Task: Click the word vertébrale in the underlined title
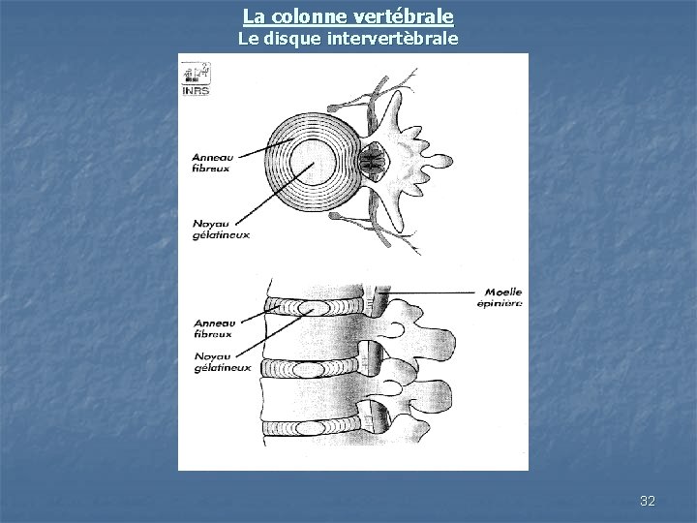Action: pyautogui.click(x=406, y=16)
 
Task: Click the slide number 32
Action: pyautogui.click(x=648, y=501)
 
